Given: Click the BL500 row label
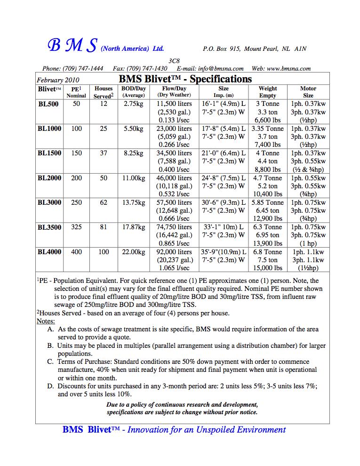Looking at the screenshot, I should [48, 104].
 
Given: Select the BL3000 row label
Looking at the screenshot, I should [49, 202].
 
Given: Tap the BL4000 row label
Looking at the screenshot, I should [49, 252].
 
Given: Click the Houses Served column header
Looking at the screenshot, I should [104, 92].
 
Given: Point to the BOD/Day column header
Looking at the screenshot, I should [134, 92].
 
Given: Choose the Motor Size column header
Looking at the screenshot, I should [308, 92].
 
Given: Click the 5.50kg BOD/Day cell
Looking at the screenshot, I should [134, 129].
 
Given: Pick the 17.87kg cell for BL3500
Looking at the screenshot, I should [134, 227].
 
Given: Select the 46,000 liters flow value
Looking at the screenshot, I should [174, 178].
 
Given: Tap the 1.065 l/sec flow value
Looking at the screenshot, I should [174, 268].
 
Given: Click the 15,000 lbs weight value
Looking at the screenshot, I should [268, 268].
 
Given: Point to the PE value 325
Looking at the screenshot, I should [76, 227].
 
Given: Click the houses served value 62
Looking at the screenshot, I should [104, 202].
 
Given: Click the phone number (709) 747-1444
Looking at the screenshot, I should [86, 69].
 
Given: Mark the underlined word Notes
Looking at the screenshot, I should [46, 321].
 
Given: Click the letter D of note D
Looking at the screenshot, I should [50, 386].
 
